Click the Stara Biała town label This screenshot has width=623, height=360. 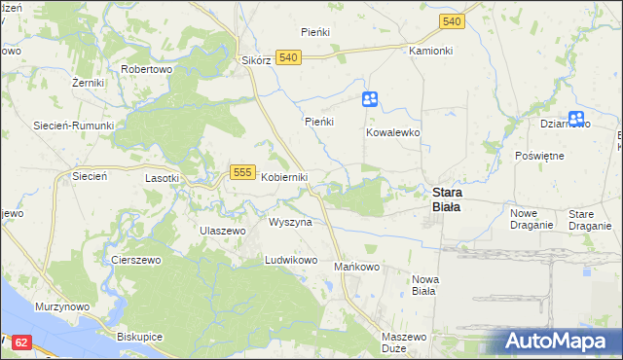(x=447, y=198)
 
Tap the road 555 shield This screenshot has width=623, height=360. (x=243, y=172)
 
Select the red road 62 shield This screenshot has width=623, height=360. (x=23, y=342)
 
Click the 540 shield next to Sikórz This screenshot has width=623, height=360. (x=287, y=58)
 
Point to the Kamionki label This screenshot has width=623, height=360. (x=431, y=50)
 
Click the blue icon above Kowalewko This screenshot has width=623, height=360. (x=370, y=98)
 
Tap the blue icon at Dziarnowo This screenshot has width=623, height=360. (x=576, y=119)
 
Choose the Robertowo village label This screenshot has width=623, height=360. (x=146, y=70)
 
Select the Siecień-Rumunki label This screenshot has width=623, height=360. (x=74, y=126)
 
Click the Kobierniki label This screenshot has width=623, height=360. (x=284, y=177)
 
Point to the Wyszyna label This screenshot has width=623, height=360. (x=290, y=222)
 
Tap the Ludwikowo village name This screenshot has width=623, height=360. (x=292, y=261)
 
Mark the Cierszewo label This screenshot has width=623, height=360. (x=134, y=261)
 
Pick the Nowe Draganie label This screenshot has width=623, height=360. (x=531, y=219)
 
